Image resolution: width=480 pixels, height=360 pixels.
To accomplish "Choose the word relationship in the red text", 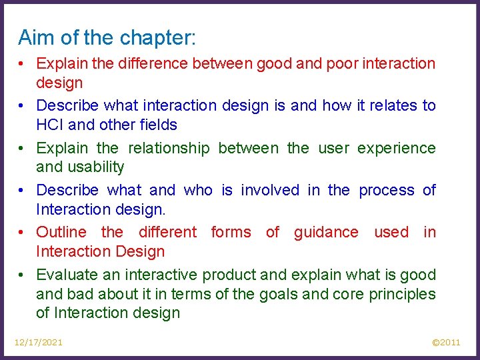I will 169,148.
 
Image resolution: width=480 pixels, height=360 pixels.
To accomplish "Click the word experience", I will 396,148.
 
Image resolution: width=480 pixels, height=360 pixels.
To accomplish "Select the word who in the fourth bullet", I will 198,190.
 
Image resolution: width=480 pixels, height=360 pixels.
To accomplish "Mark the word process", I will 386,190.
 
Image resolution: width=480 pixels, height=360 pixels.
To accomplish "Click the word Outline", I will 61,232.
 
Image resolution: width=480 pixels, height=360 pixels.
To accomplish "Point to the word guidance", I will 326,232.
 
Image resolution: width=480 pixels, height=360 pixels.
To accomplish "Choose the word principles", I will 403,294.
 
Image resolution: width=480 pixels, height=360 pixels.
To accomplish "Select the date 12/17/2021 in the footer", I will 39,342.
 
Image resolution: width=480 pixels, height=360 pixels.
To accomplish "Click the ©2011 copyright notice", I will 446,342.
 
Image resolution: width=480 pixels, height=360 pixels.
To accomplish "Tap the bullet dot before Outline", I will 23,233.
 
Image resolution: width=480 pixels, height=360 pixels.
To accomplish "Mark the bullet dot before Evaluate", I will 23,275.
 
